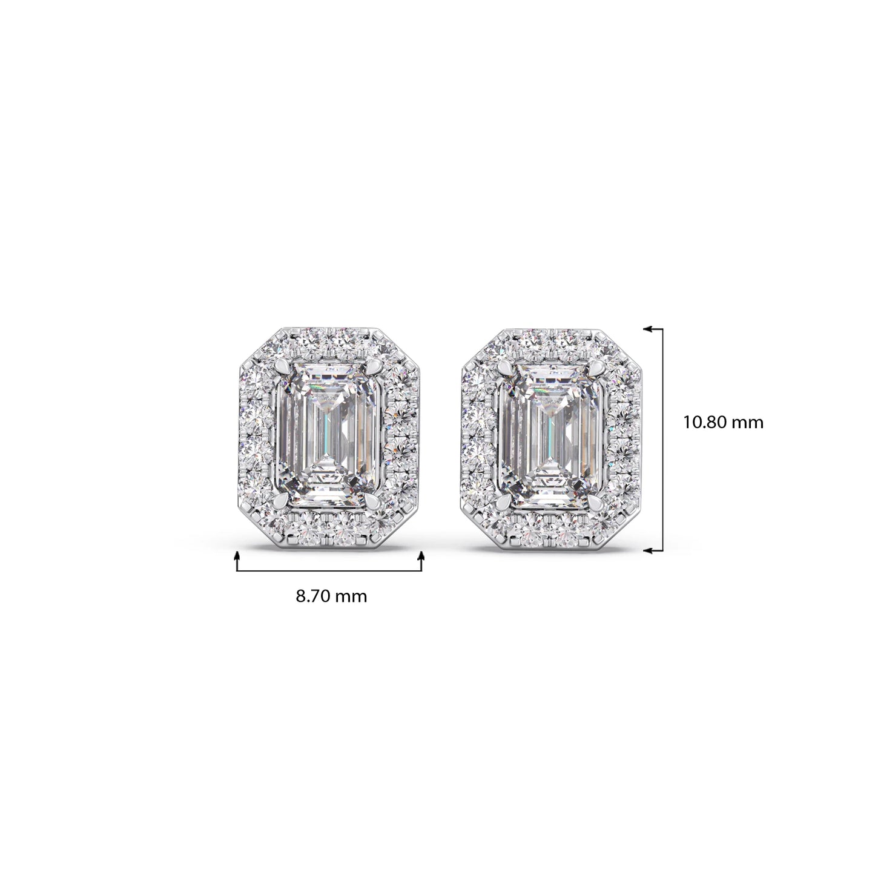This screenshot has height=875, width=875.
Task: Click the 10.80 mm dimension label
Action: [x=724, y=423]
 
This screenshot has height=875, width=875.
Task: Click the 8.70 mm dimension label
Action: [x=331, y=596]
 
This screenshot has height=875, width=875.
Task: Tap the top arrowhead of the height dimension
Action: [x=649, y=328]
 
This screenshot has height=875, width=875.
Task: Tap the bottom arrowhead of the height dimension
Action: [x=649, y=550]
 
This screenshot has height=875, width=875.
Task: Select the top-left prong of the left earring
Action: [x=283, y=366]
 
